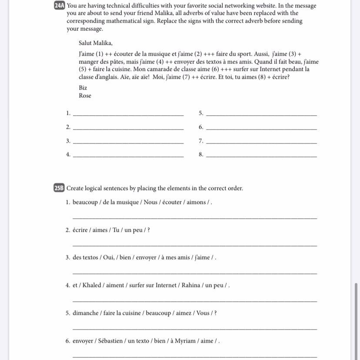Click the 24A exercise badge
[x=60, y=6]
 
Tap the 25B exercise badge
[x=60, y=188]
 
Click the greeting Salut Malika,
[x=96, y=43]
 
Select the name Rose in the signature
[x=85, y=96]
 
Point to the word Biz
[x=83, y=88]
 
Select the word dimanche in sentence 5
[x=85, y=313]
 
